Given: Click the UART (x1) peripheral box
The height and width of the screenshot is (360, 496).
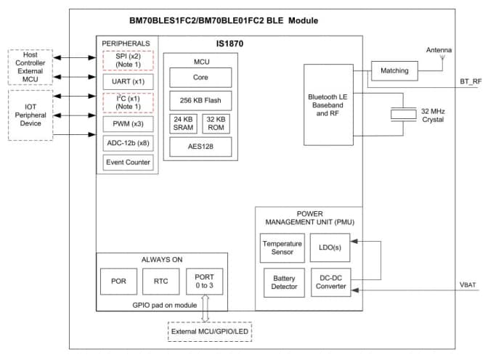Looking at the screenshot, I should (x=128, y=81).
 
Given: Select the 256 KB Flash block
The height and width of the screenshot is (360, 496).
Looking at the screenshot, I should (x=200, y=100).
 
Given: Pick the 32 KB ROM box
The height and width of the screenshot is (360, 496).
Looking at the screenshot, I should (x=216, y=123).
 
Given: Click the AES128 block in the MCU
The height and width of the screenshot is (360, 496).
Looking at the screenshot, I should (x=200, y=147).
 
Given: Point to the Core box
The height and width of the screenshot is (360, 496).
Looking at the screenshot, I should (x=200, y=77).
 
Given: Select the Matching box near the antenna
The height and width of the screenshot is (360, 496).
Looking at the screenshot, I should (x=394, y=71).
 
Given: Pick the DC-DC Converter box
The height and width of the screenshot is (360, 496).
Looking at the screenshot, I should (x=329, y=282).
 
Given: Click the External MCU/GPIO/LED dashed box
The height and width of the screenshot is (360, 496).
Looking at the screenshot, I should (x=208, y=334).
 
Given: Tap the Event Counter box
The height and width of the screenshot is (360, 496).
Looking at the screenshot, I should (x=128, y=162).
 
